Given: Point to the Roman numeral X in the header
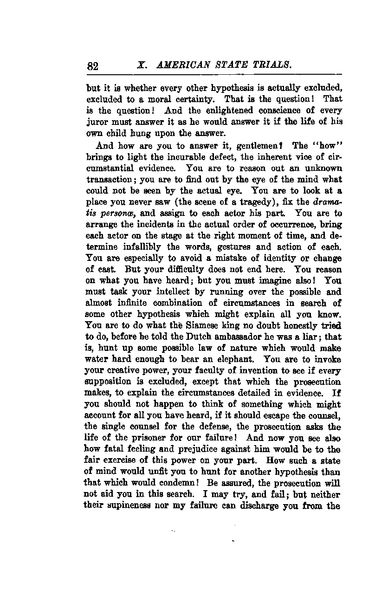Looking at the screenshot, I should pyautogui.click(x=140, y=65).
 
